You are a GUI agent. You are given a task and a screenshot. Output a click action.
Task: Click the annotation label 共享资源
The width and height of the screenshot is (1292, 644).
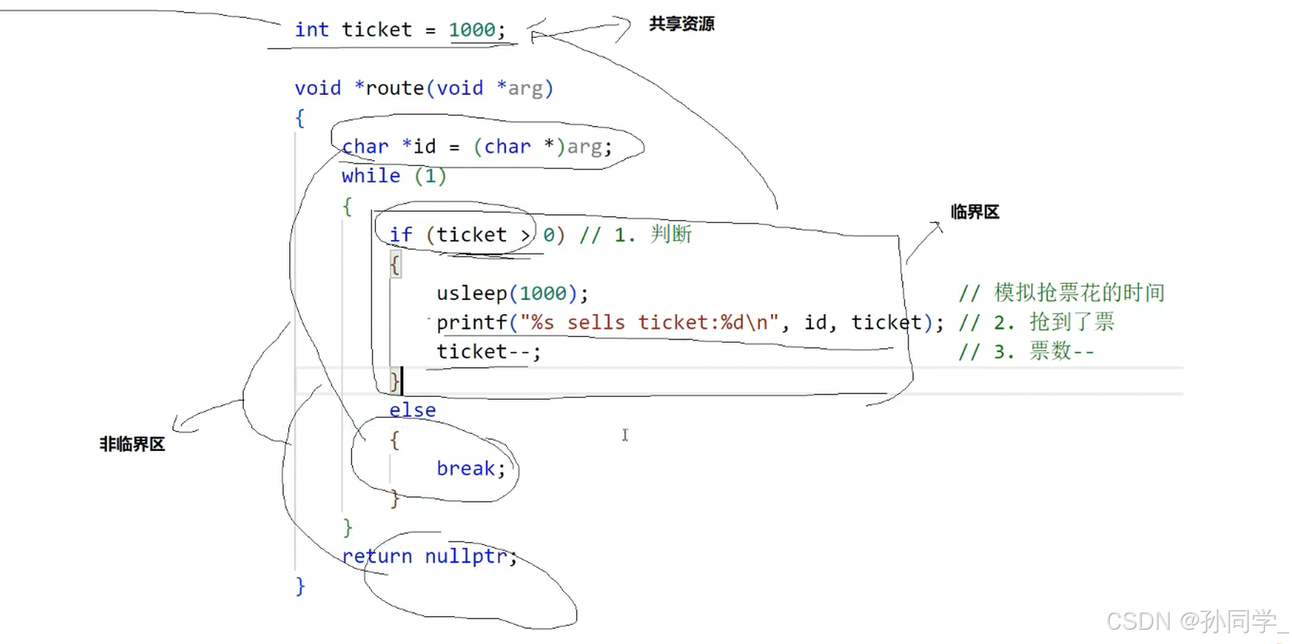tap(681, 24)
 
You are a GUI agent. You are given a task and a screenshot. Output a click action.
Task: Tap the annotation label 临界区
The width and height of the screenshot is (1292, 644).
tap(974, 212)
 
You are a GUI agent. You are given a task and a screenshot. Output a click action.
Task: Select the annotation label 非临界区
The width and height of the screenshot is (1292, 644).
tap(132, 445)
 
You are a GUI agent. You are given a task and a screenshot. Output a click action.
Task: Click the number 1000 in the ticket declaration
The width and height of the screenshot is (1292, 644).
tap(472, 30)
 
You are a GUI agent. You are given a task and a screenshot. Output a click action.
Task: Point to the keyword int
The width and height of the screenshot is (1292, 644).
tap(311, 30)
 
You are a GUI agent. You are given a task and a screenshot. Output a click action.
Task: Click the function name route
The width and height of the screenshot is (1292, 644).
tap(394, 88)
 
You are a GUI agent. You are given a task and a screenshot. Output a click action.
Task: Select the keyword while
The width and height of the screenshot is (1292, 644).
tap(371, 176)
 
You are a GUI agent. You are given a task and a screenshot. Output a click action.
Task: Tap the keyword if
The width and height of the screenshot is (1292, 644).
tap(400, 235)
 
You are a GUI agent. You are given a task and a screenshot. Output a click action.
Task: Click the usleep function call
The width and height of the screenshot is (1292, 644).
tap(471, 294)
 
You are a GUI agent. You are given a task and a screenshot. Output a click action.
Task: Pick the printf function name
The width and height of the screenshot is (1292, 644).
tap(471, 323)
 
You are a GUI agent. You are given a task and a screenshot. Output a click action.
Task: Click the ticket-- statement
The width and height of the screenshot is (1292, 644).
tap(488, 352)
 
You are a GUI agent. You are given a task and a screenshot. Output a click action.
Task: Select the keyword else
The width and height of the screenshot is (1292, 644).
tap(412, 410)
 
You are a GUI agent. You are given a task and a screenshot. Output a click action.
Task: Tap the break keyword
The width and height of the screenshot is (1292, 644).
tap(465, 469)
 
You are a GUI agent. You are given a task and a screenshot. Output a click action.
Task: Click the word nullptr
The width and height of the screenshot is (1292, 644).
tap(465, 556)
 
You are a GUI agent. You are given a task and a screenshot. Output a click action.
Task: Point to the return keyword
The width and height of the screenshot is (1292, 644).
tap(376, 556)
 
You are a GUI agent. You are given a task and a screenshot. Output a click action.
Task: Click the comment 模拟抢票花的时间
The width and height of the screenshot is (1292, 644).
tap(1079, 293)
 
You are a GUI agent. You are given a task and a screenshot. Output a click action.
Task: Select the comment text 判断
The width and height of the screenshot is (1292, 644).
tap(671, 234)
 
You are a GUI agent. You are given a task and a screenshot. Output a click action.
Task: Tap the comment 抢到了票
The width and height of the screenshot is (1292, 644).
tap(1072, 322)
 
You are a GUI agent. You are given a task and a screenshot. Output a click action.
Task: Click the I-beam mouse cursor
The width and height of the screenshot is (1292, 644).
tap(625, 435)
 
